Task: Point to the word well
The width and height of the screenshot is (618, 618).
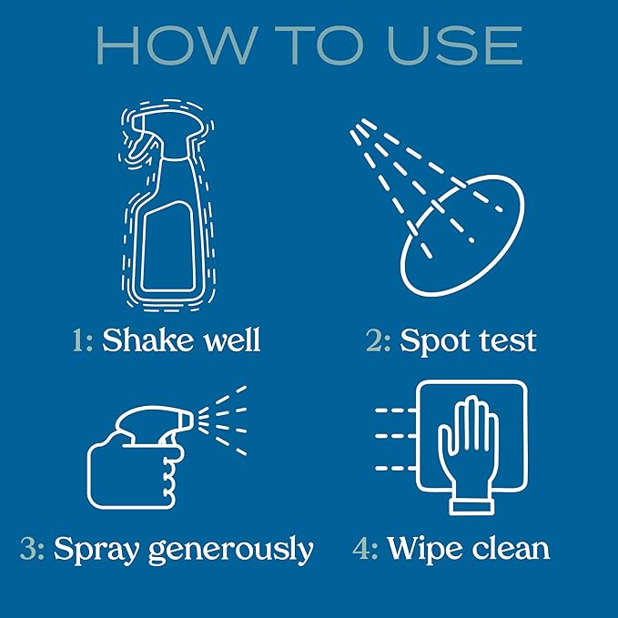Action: pos(231,340)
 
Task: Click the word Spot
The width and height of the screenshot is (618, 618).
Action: pos(435,341)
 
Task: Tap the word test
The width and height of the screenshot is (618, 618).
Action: pos(507,341)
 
